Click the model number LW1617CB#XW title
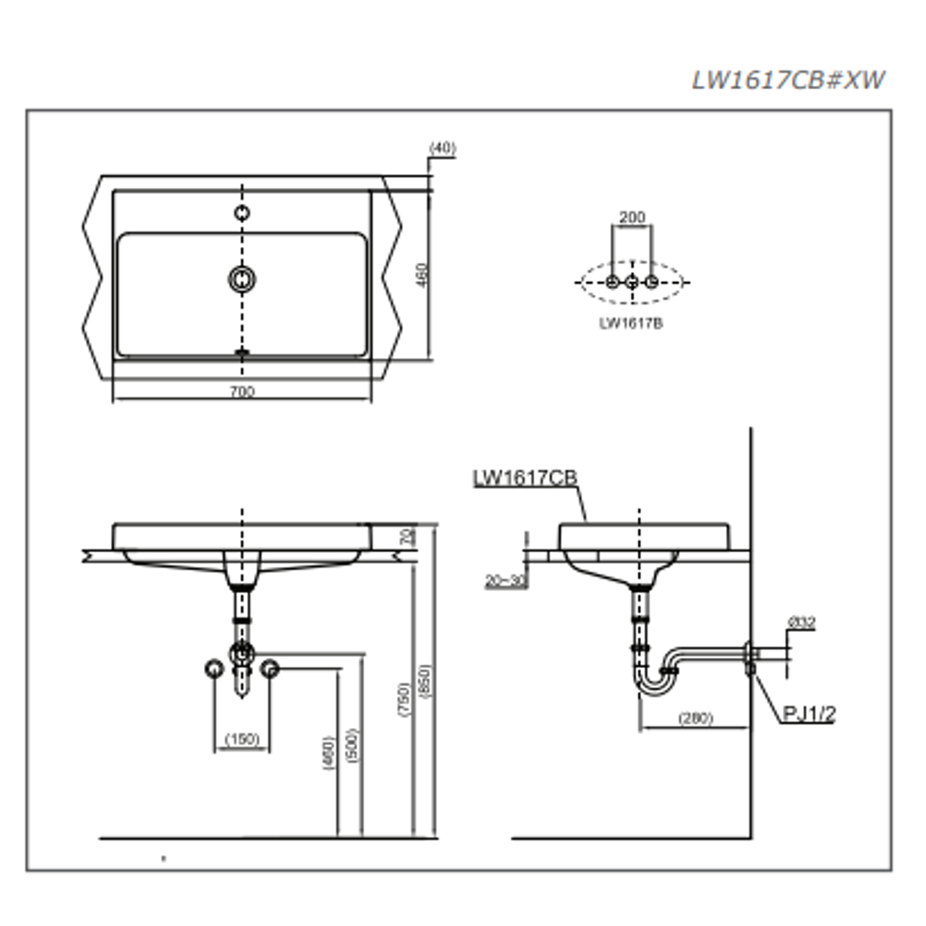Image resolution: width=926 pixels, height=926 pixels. pyautogui.click(x=788, y=80)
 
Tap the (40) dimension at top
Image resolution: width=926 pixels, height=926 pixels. pyautogui.click(x=442, y=148)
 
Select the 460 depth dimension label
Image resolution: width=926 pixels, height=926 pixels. pyautogui.click(x=422, y=275)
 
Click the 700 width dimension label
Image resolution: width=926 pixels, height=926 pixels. pyautogui.click(x=243, y=392)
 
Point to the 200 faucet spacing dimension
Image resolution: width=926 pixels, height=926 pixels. pyautogui.click(x=632, y=218)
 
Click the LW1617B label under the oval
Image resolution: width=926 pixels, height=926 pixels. pyautogui.click(x=631, y=323)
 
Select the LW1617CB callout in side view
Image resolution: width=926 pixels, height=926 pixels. pyautogui.click(x=526, y=478)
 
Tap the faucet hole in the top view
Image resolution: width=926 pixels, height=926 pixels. pyautogui.click(x=243, y=213)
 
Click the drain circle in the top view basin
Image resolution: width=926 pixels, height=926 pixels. pyautogui.click(x=243, y=278)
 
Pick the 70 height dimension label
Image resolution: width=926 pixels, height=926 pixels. pyautogui.click(x=408, y=537)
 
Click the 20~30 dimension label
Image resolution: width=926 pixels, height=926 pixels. pyautogui.click(x=505, y=580)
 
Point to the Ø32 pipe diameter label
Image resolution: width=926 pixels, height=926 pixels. pyautogui.click(x=801, y=623)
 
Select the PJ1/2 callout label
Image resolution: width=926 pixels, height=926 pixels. pyautogui.click(x=809, y=713)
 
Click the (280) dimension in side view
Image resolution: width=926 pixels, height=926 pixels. pyautogui.click(x=694, y=719)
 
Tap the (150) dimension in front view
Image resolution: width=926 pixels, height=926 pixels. pyautogui.click(x=242, y=739)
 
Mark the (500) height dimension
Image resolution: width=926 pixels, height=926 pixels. pyautogui.click(x=352, y=746)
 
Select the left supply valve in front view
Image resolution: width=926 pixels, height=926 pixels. pyautogui.click(x=213, y=668)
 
